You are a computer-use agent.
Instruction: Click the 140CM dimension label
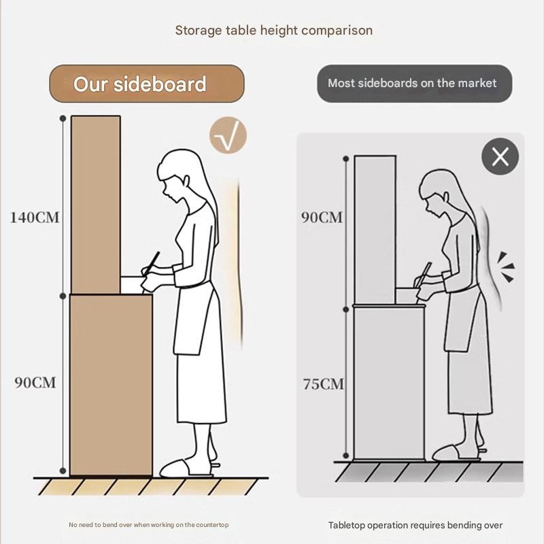click(35, 218)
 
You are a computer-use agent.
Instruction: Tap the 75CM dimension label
click(324, 384)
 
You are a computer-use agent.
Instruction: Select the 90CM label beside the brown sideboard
click(35, 382)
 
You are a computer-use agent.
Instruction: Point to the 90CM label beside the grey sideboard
click(322, 217)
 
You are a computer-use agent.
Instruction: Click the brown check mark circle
click(228, 135)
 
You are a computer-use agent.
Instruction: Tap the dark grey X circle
click(500, 156)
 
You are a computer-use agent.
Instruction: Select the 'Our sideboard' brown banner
click(147, 84)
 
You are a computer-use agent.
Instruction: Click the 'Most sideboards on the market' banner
click(414, 84)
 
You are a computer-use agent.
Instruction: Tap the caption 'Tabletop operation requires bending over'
click(415, 525)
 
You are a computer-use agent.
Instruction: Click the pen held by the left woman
click(151, 264)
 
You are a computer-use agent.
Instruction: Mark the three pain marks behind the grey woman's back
click(506, 267)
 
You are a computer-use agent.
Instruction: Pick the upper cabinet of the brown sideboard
click(96, 205)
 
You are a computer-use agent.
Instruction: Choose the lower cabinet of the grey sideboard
click(389, 382)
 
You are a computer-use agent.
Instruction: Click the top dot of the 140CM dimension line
click(63, 118)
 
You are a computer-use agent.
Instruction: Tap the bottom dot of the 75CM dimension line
click(345, 455)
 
